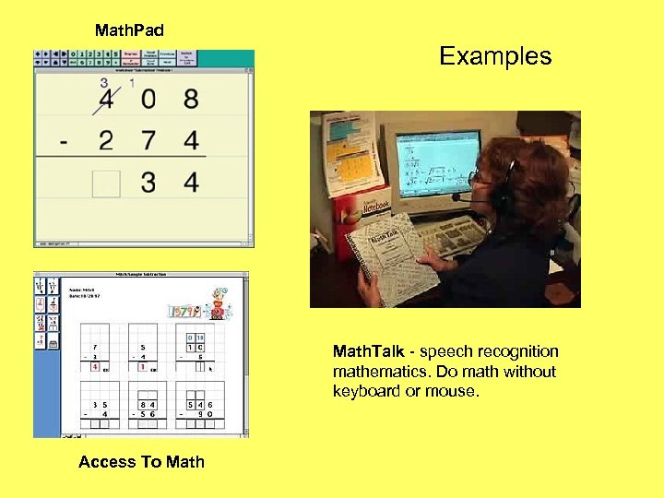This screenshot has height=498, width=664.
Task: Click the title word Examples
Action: (x=495, y=56)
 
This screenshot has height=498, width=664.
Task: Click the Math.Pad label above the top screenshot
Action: (x=129, y=30)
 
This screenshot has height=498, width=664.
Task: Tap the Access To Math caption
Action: (x=141, y=462)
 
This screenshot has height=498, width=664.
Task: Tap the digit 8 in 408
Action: (x=190, y=99)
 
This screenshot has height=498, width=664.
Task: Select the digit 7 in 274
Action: (x=148, y=141)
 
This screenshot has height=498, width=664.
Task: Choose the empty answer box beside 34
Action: (x=106, y=183)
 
